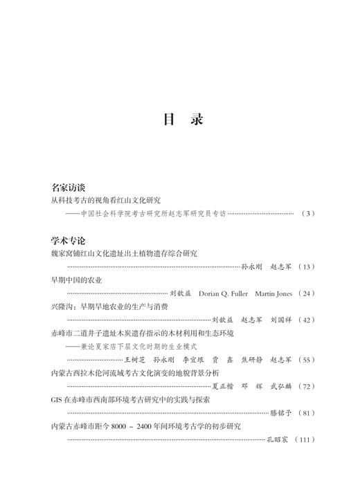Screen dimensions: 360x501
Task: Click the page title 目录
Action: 183,119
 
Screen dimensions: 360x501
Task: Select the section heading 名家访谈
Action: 68,188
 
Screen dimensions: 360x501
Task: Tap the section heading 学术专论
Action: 68,241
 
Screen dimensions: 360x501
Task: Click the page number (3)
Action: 308,214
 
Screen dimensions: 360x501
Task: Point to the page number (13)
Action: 305,266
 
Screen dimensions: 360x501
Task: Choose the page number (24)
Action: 305,293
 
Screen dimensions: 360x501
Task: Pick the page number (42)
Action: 305,320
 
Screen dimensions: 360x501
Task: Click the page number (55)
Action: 305,360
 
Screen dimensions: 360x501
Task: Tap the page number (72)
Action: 305,386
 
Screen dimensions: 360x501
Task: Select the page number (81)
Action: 305,413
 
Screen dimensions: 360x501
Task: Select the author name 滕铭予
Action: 278,413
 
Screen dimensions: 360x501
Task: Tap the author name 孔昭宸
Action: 278,439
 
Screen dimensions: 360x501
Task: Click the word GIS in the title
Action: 58,400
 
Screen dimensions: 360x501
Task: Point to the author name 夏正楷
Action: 222,386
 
